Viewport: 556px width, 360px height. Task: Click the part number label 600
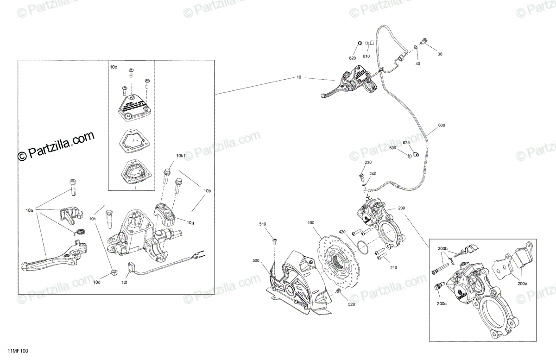click(441, 126)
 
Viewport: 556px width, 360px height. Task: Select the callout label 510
click(263, 225)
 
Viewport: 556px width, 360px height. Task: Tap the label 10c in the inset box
click(114, 67)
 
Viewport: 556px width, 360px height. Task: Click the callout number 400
click(310, 223)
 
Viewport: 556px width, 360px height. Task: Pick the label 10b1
click(181, 156)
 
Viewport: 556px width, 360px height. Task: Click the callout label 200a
click(522, 283)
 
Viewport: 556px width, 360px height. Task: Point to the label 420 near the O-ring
click(342, 232)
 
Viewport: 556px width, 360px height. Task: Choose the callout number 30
click(440, 54)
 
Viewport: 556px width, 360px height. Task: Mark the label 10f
click(124, 282)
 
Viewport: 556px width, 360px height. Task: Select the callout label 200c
click(442, 304)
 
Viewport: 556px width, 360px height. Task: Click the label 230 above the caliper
click(368, 163)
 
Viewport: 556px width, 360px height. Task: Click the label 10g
click(190, 223)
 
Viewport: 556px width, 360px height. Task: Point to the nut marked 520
click(339, 291)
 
